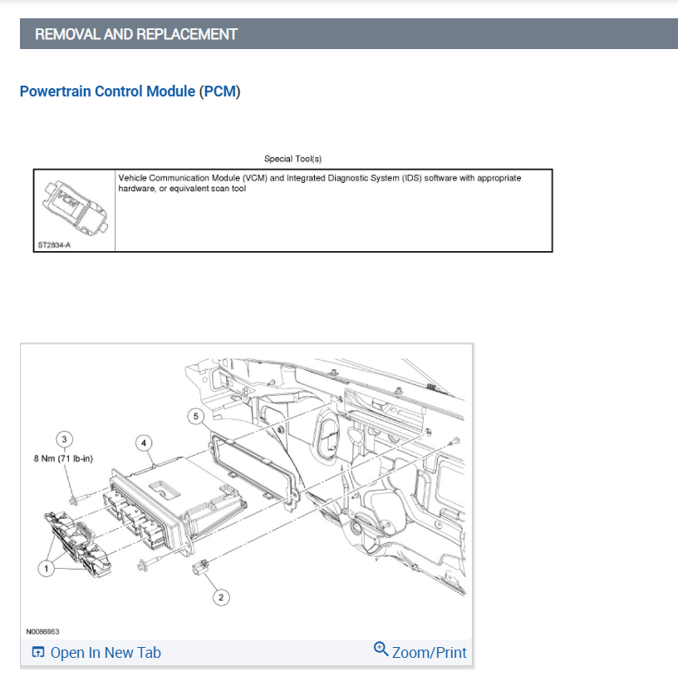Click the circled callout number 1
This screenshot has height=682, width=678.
point(46,568)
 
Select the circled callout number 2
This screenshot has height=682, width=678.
point(221,597)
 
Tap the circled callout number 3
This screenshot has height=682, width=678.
point(64,439)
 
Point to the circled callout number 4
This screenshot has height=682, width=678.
point(144,443)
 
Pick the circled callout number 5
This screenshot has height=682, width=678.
point(195,416)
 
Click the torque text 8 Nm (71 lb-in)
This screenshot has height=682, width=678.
point(63,458)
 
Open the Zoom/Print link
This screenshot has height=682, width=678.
point(429,652)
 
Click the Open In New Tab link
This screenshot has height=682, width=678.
point(106,652)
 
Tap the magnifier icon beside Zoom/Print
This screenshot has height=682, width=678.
point(381,649)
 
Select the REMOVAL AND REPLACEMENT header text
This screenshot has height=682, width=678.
point(136,34)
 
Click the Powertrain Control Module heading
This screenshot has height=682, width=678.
point(107,91)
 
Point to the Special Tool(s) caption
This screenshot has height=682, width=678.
point(293,159)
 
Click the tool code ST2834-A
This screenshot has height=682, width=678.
point(54,245)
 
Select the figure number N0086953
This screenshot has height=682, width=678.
point(42,631)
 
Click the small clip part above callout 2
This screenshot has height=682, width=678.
point(200,566)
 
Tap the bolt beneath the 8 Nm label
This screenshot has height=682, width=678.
point(79,500)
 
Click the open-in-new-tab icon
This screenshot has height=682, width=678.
point(38,652)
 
